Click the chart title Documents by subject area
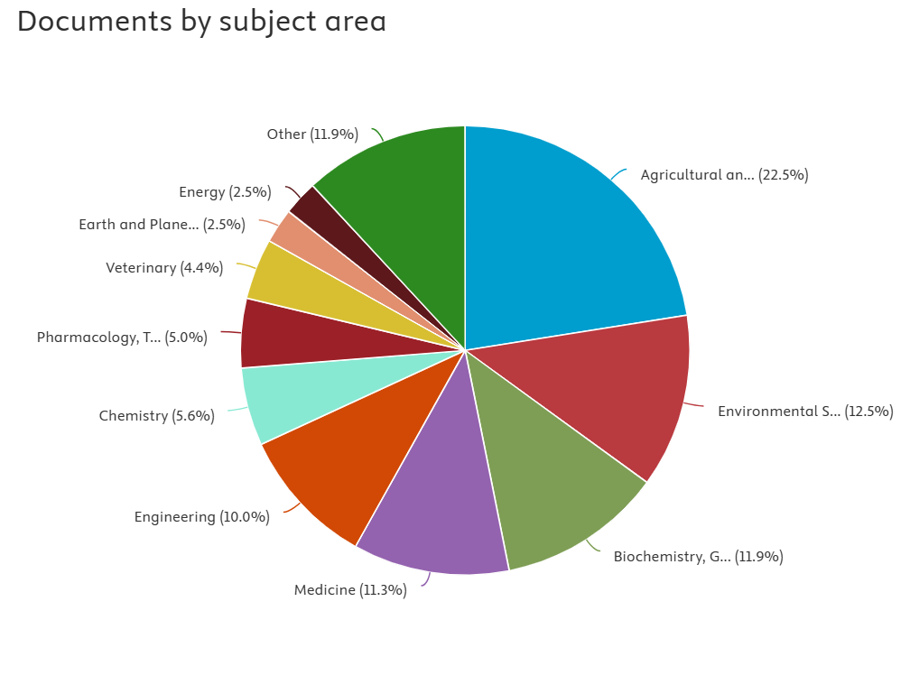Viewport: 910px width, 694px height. point(201,21)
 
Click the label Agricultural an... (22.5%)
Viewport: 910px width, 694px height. point(724,175)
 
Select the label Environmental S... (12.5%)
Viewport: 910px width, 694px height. point(805,412)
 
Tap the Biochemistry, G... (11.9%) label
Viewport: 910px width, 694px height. point(698,557)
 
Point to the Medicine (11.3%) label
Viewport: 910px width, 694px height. point(350,590)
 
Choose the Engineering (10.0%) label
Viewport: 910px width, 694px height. point(201,517)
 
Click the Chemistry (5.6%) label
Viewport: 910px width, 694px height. point(156,416)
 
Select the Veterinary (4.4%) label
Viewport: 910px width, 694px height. point(164,268)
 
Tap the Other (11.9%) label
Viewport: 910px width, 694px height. point(312,134)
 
